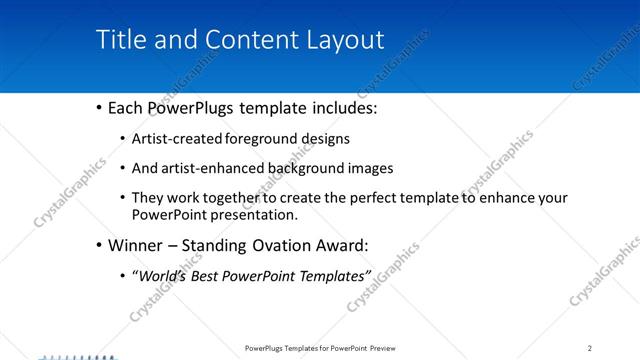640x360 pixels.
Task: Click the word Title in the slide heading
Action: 120,40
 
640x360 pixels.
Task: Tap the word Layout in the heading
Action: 341,40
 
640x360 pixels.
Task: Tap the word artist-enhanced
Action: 210,168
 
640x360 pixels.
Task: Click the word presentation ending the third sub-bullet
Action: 255,214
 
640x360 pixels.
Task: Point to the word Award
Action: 343,245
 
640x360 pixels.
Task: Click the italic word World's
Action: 166,275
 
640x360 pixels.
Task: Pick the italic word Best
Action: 213,275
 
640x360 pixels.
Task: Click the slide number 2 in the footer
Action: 590,348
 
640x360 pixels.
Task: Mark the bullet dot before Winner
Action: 98,245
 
